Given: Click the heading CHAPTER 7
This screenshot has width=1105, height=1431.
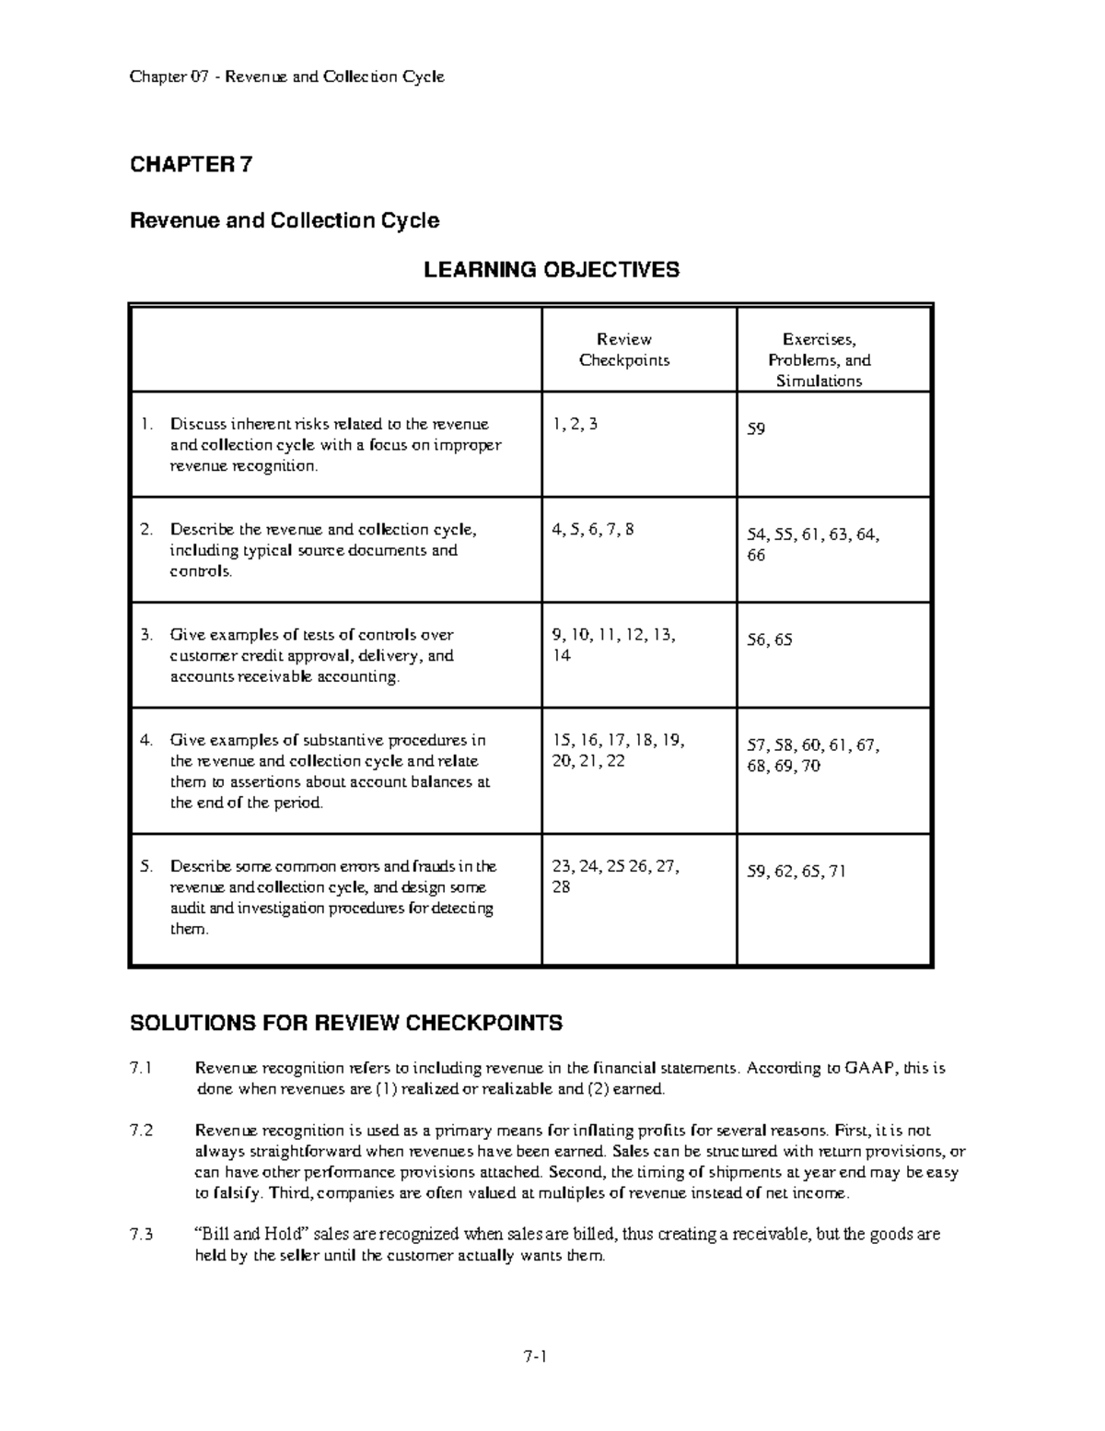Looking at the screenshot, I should [x=191, y=165].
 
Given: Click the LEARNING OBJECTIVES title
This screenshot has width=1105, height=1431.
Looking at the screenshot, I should [x=551, y=270].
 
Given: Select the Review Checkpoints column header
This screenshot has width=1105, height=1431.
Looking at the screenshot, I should [x=623, y=350].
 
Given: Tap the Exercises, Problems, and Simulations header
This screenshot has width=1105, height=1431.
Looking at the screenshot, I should [x=819, y=360].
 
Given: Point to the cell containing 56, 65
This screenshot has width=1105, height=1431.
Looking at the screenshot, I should [x=769, y=639].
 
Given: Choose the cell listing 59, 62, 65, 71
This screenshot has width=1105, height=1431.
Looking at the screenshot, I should [x=796, y=871].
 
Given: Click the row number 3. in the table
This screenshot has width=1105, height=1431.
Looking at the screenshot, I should [x=145, y=635].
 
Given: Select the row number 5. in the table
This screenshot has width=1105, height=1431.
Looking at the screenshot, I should [x=145, y=866].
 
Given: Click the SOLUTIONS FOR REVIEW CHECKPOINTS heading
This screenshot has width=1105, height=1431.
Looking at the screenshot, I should [x=345, y=1024].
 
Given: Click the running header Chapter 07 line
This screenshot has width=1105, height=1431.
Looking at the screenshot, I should [x=286, y=76].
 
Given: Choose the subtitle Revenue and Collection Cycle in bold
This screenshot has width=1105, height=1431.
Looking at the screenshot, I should [x=285, y=221].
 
